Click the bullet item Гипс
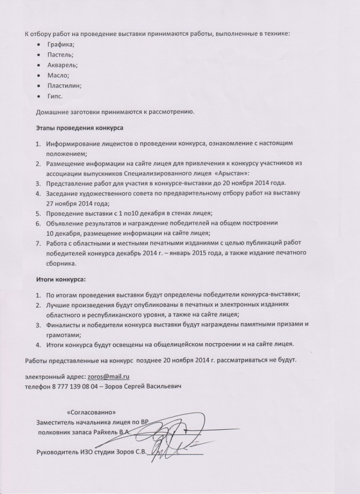54,96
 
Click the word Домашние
54,111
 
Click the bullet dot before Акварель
40,65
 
